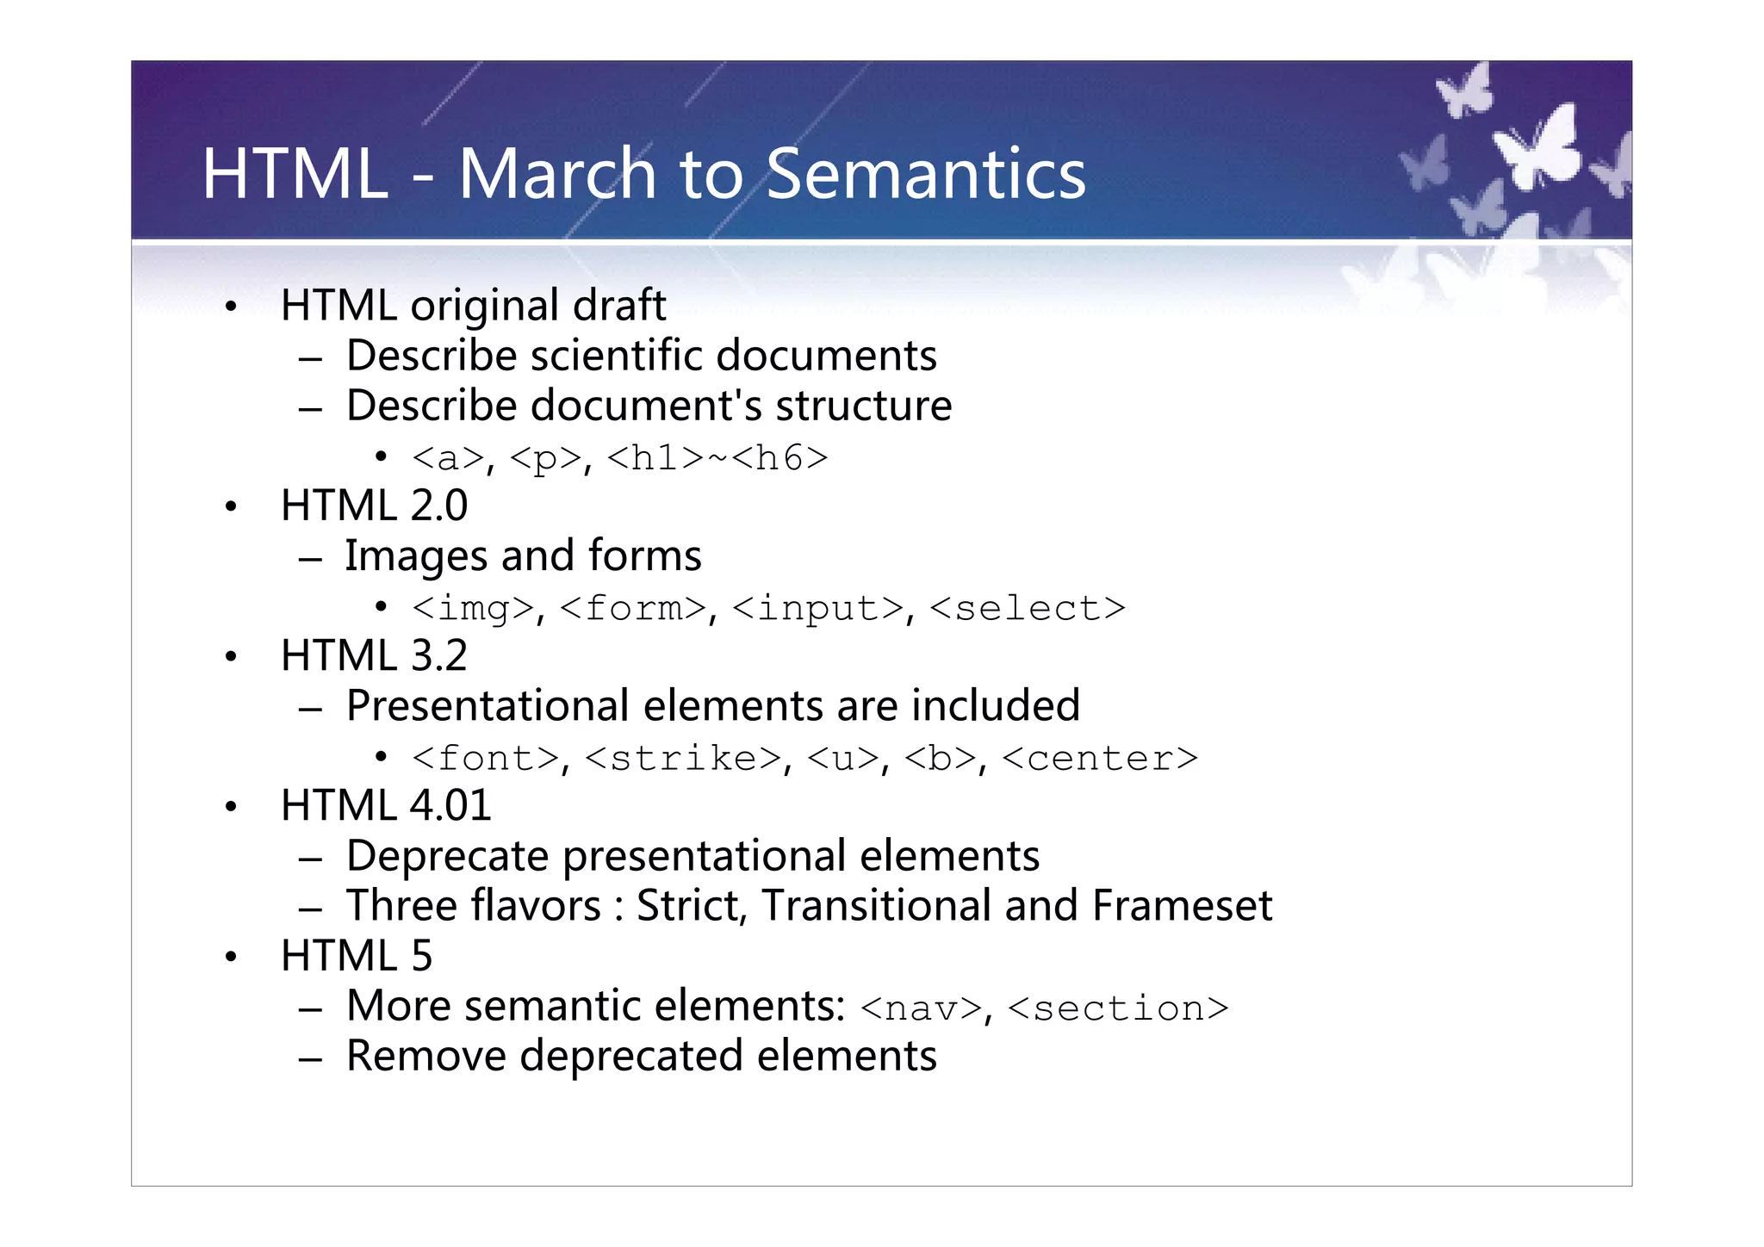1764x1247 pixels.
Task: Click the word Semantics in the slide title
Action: (x=926, y=175)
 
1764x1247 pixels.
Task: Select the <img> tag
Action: (x=473, y=609)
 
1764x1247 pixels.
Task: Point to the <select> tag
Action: (x=1028, y=609)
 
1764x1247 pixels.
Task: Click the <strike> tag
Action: (x=683, y=759)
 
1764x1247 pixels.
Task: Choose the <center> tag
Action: (x=1100, y=759)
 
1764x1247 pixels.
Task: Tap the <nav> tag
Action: (x=921, y=1008)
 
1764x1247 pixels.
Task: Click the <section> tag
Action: (x=1118, y=1008)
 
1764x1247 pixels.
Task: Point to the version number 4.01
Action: (x=450, y=806)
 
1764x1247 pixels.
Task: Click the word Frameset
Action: (x=1182, y=906)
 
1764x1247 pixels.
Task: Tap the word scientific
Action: (x=616, y=356)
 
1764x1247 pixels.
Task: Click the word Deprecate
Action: (x=447, y=856)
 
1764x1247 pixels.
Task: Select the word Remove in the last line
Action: (x=426, y=1057)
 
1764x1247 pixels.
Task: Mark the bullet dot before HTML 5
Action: (x=230, y=958)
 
